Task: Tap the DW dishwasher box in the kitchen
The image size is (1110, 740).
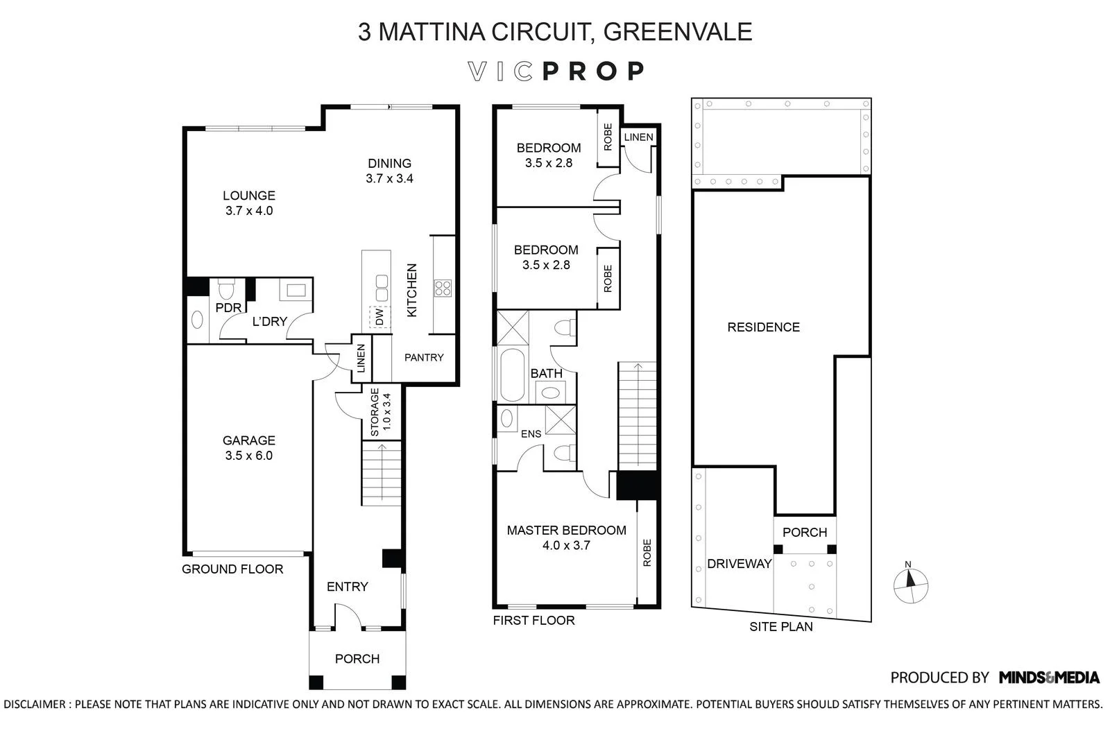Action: tap(379, 317)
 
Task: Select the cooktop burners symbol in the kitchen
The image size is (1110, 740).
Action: tap(442, 288)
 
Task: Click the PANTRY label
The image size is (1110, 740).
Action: tap(424, 358)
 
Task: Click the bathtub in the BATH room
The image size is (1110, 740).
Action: tap(513, 375)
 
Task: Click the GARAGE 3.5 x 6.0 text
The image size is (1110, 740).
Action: tap(248, 448)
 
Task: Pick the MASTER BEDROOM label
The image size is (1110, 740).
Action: tap(566, 531)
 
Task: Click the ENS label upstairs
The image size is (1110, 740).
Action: tap(531, 434)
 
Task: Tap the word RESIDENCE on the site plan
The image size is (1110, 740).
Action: tap(763, 327)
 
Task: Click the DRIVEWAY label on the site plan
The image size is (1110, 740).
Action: tap(739, 564)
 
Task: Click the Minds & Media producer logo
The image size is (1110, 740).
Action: tap(1049, 678)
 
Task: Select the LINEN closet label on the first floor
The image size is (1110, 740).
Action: tap(638, 137)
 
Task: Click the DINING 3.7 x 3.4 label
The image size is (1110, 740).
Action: tap(389, 171)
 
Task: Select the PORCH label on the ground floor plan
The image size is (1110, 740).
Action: tap(357, 659)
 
